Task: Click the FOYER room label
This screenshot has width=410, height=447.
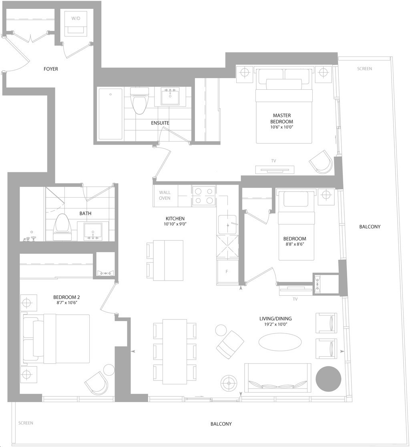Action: pyautogui.click(x=51, y=69)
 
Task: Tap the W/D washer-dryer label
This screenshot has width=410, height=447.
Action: pyautogui.click(x=75, y=18)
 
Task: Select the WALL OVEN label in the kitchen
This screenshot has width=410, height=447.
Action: pyautogui.click(x=165, y=195)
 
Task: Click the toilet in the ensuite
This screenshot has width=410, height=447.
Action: pyautogui.click(x=139, y=100)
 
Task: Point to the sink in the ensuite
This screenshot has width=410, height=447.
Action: pyautogui.click(x=170, y=96)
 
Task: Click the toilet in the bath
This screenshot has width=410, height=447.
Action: pyautogui.click(x=62, y=227)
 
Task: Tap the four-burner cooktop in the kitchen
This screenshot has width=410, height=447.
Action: pyautogui.click(x=203, y=196)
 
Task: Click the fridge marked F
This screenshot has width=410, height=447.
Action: pyautogui.click(x=227, y=272)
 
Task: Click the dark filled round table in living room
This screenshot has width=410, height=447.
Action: pyautogui.click(x=328, y=379)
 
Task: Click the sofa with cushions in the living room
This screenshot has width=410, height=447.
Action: pyautogui.click(x=277, y=377)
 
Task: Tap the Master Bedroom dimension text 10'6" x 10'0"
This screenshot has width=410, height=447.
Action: pyautogui.click(x=281, y=127)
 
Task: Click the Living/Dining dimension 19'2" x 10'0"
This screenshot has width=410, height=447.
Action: pyautogui.click(x=275, y=324)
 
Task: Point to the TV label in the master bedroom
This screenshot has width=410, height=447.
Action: pyautogui.click(x=273, y=161)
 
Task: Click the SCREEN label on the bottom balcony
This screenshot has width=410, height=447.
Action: pyautogui.click(x=26, y=423)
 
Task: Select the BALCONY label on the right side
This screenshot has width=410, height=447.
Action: pyautogui.click(x=370, y=227)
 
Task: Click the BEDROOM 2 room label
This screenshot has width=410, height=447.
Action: pyautogui.click(x=64, y=297)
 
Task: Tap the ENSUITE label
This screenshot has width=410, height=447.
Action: pyautogui.click(x=160, y=123)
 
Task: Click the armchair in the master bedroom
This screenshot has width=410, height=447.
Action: pyautogui.click(x=321, y=161)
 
